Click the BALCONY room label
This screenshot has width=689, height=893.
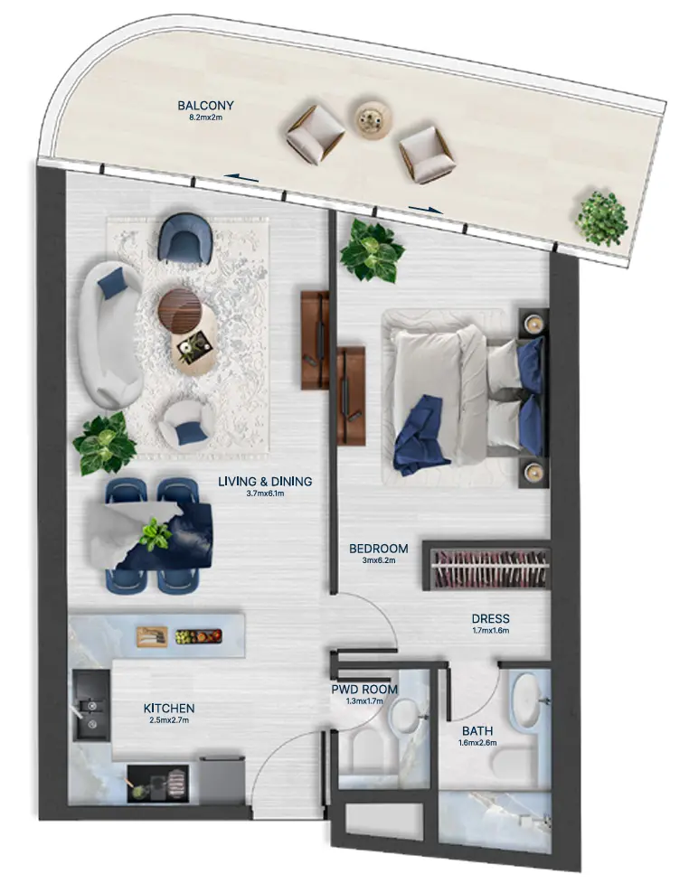pyautogui.click(x=208, y=104)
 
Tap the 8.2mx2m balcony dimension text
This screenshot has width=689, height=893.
pyautogui.click(x=208, y=117)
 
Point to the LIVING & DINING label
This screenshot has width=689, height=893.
pyautogui.click(x=265, y=482)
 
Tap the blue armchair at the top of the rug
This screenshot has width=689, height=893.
pyautogui.click(x=186, y=238)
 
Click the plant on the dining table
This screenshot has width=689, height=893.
pyautogui.click(x=155, y=533)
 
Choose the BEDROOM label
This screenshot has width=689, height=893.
pyautogui.click(x=379, y=549)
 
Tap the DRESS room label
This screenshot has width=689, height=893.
pyautogui.click(x=490, y=619)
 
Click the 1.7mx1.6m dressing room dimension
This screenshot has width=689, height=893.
pyautogui.click(x=490, y=631)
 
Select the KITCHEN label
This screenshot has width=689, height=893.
pyautogui.click(x=169, y=709)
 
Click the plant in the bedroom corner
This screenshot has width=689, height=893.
pyautogui.click(x=371, y=249)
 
